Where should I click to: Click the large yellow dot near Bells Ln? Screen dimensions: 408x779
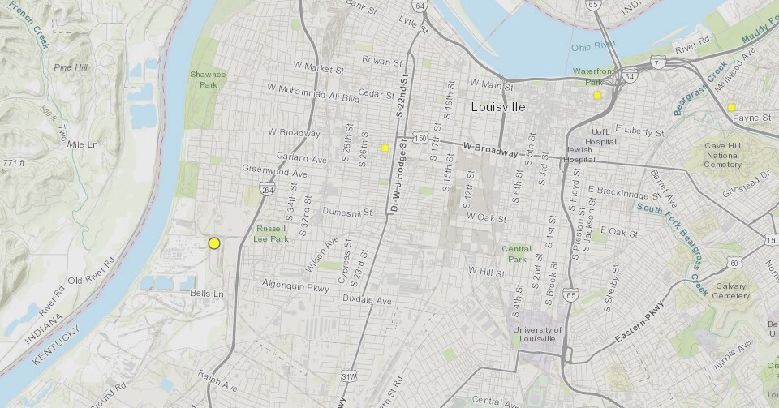pos(214,243)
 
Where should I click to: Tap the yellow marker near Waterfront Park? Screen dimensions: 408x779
pos(597,96)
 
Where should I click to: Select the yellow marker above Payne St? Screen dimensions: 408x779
pos(731,107)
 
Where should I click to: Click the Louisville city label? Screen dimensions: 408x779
pos(498,107)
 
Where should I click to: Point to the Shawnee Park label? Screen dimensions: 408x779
pos(209,79)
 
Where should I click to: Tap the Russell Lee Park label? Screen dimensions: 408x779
pos(272,234)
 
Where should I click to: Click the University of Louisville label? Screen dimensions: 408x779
pos(536,335)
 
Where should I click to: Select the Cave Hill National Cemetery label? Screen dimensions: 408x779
pos(723,154)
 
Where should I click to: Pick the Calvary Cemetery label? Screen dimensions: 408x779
pos(731,291)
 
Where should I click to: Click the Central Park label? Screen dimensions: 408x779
pos(516,254)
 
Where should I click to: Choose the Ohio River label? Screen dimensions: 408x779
pos(589,46)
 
